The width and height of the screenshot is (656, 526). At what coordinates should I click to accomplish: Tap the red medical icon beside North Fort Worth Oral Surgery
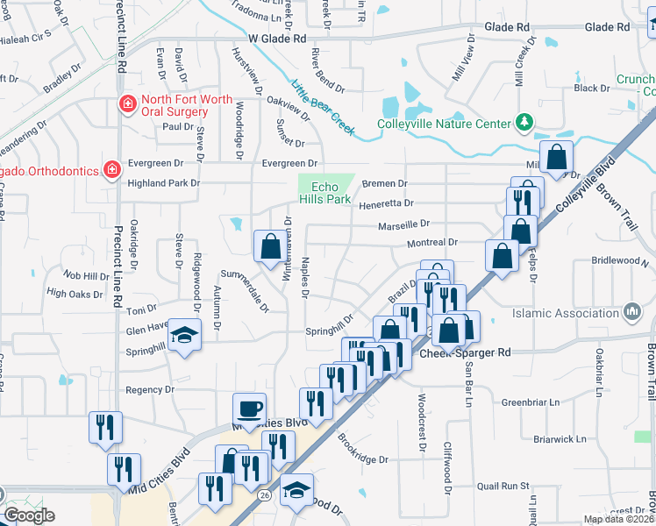coord(128,105)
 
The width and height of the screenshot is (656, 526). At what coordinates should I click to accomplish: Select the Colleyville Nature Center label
coord(443,123)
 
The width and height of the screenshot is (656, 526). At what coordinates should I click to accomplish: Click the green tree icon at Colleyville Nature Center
coord(524,121)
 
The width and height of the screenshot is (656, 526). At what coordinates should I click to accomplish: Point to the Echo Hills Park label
coord(324,194)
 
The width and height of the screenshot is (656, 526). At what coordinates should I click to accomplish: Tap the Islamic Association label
coord(569,312)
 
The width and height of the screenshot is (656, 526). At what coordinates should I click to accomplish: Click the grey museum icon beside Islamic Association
coord(631,311)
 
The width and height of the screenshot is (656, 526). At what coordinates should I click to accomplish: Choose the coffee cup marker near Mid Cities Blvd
coord(249,409)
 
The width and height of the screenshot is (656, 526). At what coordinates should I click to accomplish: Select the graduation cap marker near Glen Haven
coord(184,336)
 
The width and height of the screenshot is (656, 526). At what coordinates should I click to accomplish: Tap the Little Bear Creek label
coord(322,108)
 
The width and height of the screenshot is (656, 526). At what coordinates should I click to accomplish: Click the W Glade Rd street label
coord(277,39)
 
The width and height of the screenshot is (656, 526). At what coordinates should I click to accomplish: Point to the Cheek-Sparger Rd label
coord(465,353)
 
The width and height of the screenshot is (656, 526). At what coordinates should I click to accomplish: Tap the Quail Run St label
coord(503,485)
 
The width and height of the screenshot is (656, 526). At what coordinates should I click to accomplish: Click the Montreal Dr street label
coord(431,242)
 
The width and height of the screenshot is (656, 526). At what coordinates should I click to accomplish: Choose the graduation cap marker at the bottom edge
coord(296,489)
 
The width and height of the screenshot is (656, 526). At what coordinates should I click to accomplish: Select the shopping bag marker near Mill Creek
coord(556,158)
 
